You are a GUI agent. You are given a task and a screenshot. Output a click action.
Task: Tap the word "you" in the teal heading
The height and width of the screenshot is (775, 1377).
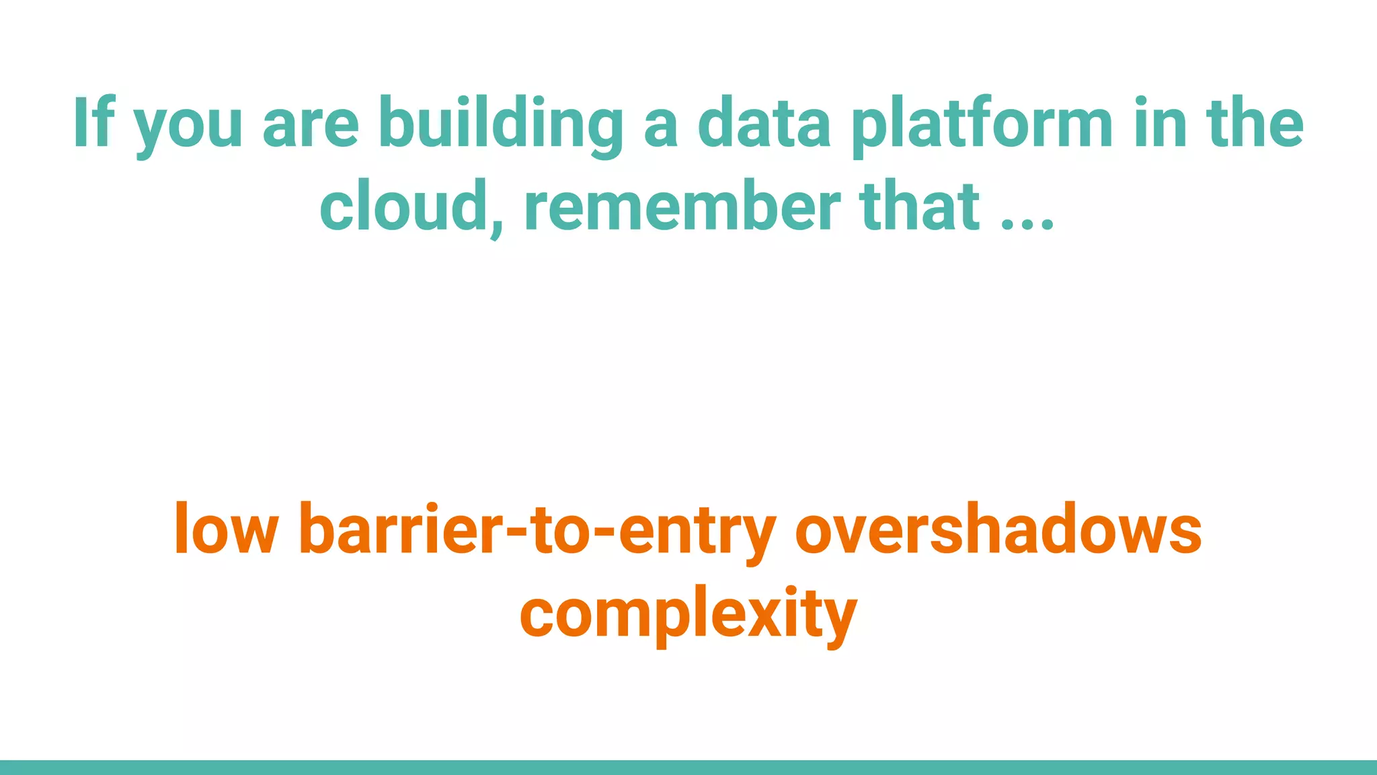188,128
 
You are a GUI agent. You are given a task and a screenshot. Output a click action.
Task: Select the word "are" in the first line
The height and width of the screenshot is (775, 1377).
311,128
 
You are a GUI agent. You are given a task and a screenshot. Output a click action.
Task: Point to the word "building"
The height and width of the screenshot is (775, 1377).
501,124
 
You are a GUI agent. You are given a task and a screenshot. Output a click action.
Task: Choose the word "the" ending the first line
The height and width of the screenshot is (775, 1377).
1255,124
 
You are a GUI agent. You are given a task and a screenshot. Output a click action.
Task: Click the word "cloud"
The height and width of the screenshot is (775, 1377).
403,205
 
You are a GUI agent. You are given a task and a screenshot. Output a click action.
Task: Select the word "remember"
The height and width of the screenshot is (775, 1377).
682,205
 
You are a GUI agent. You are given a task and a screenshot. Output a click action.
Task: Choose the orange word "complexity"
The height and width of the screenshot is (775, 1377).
688,614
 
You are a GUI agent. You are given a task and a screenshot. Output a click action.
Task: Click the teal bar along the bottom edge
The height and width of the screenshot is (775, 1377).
688,767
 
